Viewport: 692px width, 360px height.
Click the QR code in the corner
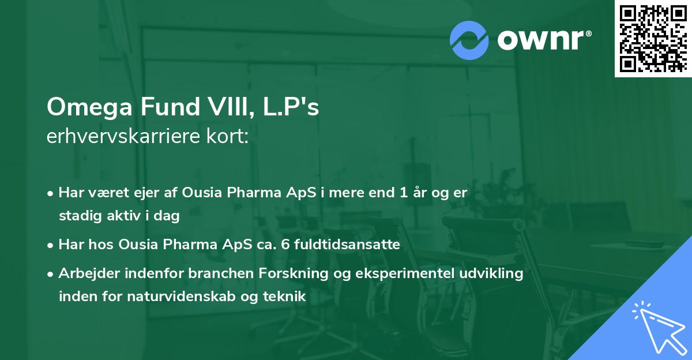pos(653,38)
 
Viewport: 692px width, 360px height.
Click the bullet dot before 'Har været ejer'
pos(51,193)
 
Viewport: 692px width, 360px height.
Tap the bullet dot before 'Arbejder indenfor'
pos(51,274)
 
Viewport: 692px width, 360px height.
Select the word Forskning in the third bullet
pos(298,273)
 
